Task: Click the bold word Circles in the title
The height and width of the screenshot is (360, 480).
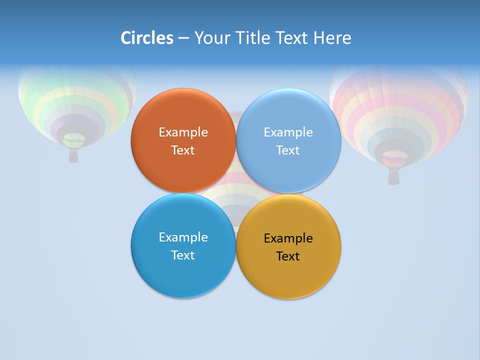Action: click(146, 38)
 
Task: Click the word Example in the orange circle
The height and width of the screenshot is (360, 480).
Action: click(183, 132)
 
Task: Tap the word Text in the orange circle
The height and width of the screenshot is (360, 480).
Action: click(183, 150)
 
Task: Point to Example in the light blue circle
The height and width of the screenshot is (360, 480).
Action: click(288, 132)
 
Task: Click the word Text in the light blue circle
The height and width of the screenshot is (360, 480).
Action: click(288, 150)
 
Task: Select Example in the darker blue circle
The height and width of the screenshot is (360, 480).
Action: click(183, 237)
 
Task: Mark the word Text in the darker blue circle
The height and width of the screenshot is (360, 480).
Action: click(183, 255)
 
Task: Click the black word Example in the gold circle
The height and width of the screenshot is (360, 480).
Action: click(288, 238)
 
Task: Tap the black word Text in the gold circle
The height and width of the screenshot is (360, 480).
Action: click(288, 256)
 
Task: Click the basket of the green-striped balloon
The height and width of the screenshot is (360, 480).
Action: click(73, 156)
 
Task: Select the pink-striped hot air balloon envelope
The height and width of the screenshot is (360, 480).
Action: click(399, 110)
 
